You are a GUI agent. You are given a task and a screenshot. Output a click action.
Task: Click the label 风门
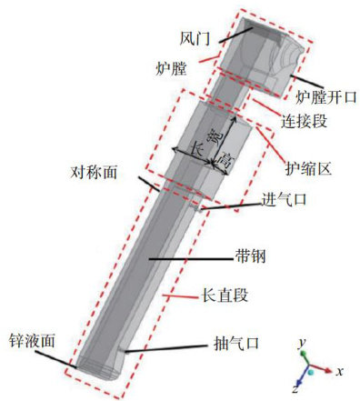[x=195, y=38]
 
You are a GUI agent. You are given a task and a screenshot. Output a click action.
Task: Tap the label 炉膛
[x=171, y=69]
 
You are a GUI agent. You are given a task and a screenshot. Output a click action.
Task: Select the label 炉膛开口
[x=326, y=97]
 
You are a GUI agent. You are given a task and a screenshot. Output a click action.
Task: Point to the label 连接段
[x=304, y=121]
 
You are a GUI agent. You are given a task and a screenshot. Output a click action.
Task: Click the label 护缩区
[x=308, y=169]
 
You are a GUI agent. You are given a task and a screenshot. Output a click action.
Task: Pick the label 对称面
[x=94, y=173]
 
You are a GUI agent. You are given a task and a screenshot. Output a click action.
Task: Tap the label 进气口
[x=285, y=200]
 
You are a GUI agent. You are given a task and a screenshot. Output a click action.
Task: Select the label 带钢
[x=250, y=256]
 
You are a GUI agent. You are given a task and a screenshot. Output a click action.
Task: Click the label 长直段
[x=225, y=295]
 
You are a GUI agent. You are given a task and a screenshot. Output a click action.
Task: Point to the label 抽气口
[x=236, y=344]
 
